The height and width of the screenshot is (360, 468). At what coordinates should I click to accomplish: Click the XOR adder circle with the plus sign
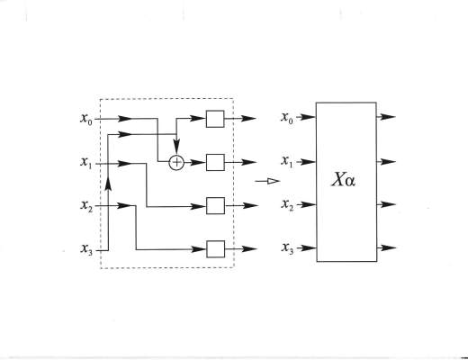pos(176,163)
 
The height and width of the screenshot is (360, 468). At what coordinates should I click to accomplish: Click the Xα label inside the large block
pos(344,180)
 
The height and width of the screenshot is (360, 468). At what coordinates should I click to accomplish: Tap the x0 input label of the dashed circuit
pos(86,119)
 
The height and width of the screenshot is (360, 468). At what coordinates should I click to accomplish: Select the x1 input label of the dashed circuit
pos(86,163)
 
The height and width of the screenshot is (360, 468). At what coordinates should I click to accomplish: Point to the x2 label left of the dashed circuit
pos(86,206)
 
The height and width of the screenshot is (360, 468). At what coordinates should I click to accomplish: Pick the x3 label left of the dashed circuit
pos(86,249)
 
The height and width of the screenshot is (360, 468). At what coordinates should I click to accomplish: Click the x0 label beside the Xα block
pos(287,117)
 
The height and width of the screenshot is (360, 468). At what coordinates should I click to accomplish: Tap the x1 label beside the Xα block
pos(287,161)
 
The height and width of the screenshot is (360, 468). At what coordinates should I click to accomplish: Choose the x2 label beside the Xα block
pos(287,205)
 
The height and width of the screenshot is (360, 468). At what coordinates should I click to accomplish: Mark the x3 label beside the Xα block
pos(287,248)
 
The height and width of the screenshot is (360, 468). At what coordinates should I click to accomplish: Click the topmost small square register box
pos(215,119)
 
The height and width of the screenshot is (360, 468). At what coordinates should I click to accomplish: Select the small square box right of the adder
pos(215,162)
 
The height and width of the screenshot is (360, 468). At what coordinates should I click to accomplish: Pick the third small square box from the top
pos(215,206)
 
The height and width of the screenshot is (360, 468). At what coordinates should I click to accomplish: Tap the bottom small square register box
pos(216,249)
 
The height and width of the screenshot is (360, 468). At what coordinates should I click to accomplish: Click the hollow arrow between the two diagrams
pos(267,181)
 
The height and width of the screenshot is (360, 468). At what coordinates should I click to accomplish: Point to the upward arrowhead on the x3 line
pos(109,184)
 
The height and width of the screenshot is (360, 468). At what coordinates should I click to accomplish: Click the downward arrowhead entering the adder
pos(176,148)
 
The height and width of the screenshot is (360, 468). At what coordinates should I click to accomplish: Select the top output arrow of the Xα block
pos(386,117)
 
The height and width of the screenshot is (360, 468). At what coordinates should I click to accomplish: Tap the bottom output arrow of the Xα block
pos(387,247)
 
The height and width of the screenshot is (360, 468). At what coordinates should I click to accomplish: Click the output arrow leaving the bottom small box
pos(241,249)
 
